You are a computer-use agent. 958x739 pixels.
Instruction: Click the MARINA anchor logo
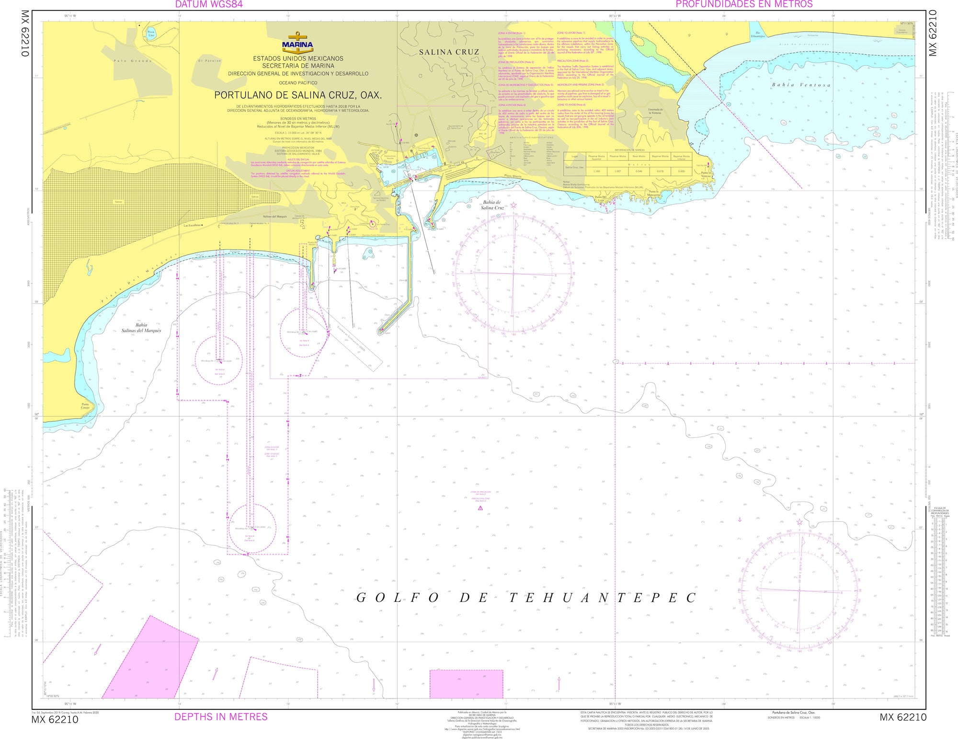297,42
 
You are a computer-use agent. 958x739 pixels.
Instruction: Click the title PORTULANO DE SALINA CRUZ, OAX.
297,95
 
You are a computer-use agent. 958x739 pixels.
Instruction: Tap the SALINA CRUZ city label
449,52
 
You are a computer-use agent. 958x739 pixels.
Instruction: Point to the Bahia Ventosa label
800,85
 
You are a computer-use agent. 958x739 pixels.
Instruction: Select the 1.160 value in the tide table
596,171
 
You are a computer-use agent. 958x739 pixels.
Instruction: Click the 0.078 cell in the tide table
660,171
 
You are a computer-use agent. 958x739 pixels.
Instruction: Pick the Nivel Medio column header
639,156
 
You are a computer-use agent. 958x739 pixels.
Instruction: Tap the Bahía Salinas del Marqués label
141,328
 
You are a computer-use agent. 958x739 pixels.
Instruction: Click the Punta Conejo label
85,406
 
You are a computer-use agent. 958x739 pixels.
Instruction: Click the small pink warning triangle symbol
480,521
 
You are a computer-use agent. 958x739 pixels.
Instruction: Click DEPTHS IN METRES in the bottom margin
221,717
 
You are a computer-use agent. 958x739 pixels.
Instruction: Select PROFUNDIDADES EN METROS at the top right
744,4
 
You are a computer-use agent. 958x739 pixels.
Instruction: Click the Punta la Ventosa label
706,175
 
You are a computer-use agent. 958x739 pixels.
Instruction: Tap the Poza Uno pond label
151,34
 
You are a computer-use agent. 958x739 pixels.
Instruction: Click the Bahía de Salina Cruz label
493,205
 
